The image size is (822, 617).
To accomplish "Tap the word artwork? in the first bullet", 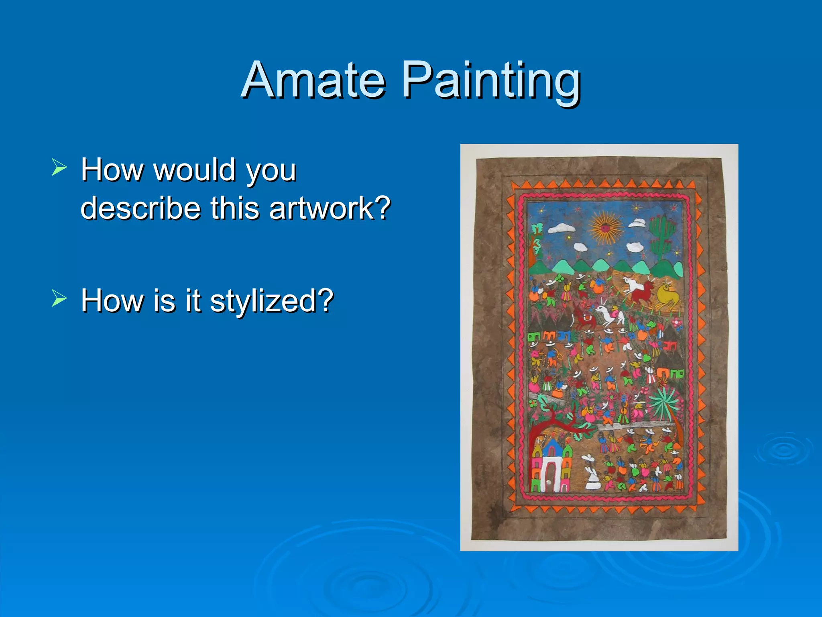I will [x=330, y=208].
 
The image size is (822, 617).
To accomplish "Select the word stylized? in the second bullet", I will [x=272, y=300].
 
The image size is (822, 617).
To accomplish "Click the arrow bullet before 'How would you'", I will [x=59, y=168].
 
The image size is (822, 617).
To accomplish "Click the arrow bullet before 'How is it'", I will [x=59, y=298].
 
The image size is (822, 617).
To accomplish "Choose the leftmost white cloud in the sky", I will [x=561, y=229].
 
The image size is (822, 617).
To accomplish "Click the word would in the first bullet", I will [x=195, y=170].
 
